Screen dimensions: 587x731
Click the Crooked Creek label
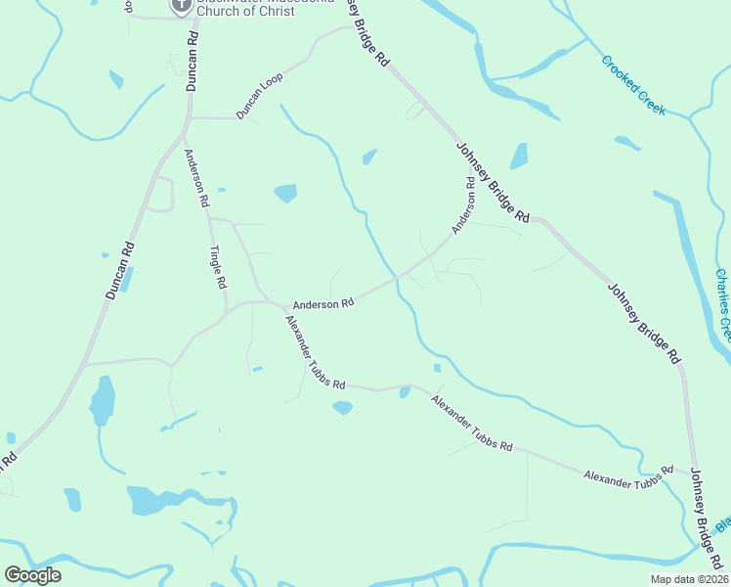click(x=633, y=84)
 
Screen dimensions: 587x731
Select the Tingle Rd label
click(x=220, y=266)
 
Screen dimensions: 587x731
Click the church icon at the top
click(x=181, y=6)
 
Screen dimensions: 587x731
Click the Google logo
click(x=32, y=575)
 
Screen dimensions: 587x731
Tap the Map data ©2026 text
click(x=688, y=579)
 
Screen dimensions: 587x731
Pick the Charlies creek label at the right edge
click(x=722, y=303)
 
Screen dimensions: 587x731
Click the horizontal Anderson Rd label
click(x=322, y=304)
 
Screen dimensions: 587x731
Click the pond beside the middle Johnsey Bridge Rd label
click(x=519, y=157)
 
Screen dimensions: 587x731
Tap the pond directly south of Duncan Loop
click(x=285, y=193)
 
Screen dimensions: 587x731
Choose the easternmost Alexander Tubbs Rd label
click(x=629, y=474)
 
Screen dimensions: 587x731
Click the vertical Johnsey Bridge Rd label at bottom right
click(x=705, y=519)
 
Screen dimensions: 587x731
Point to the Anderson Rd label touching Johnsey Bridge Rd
click(x=463, y=204)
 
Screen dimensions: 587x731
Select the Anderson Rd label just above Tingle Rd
click(x=196, y=176)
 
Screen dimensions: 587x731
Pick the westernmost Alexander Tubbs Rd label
click(x=316, y=352)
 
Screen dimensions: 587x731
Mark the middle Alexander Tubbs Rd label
click(x=472, y=422)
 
